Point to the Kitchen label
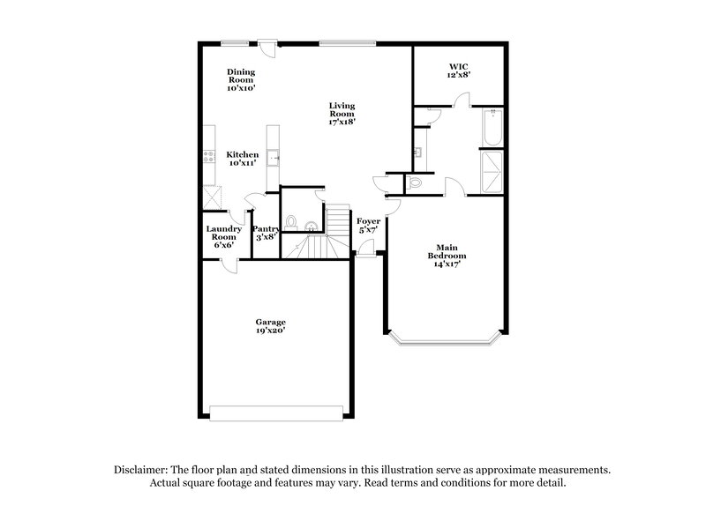242,154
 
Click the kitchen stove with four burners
209,159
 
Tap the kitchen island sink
275,160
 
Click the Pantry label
267,229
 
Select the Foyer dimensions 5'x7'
367,229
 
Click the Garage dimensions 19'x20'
271,331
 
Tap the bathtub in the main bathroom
492,128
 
